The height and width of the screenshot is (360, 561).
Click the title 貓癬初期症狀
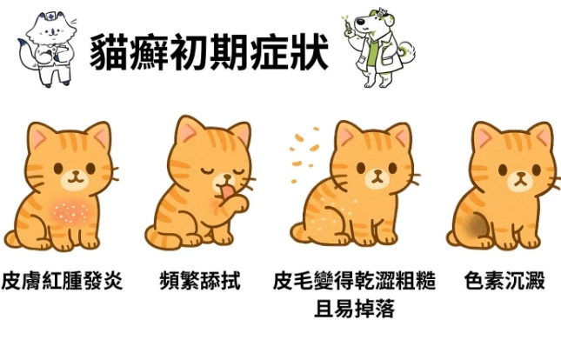coord(209,53)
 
